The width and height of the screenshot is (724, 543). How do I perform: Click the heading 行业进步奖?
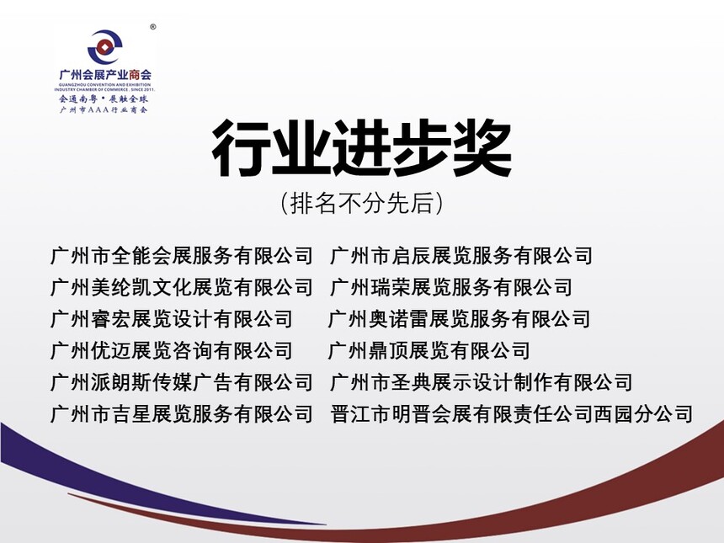pyautogui.click(x=361, y=148)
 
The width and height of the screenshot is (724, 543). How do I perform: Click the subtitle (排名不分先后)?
pyautogui.click(x=361, y=203)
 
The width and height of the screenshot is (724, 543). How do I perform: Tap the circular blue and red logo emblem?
pyautogui.click(x=105, y=47)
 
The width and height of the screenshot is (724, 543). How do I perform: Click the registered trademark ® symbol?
pyautogui.click(x=153, y=27)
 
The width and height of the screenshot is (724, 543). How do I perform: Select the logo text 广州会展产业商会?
pyautogui.click(x=105, y=74)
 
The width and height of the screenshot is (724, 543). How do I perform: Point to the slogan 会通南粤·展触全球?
pyautogui.click(x=104, y=98)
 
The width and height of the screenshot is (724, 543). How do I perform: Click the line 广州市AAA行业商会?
pyautogui.click(x=104, y=110)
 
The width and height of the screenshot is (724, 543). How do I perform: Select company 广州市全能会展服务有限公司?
pyautogui.click(x=182, y=256)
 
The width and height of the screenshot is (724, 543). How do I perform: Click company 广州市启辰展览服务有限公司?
pyautogui.click(x=461, y=256)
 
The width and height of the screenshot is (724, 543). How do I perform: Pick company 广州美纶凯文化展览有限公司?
pyautogui.click(x=182, y=287)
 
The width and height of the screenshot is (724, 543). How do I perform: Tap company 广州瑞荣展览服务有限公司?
pyautogui.click(x=451, y=287)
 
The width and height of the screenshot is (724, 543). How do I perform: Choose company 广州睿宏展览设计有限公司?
pyautogui.click(x=172, y=319)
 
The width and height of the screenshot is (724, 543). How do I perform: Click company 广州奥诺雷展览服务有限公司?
pyautogui.click(x=460, y=319)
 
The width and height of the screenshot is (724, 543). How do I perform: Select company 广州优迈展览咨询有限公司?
pyautogui.click(x=172, y=350)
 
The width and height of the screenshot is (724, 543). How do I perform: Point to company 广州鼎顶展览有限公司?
pyautogui.click(x=429, y=350)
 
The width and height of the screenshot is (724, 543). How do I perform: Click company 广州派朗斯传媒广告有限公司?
pyautogui.click(x=182, y=382)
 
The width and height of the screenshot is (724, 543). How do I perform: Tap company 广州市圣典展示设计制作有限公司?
pyautogui.click(x=482, y=382)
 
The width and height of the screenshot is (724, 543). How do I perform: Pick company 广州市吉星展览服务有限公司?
pyautogui.click(x=182, y=413)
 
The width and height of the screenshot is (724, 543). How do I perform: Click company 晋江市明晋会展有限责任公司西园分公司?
pyautogui.click(x=512, y=413)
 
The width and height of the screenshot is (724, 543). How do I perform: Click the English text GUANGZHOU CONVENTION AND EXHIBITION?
pyautogui.click(x=105, y=85)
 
